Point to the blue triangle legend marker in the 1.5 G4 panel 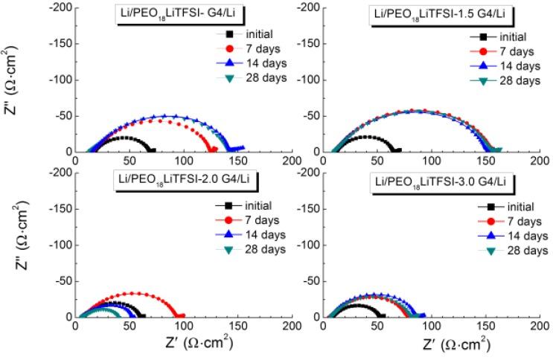click(484, 65)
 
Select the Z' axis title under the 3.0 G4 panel click(455, 344)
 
